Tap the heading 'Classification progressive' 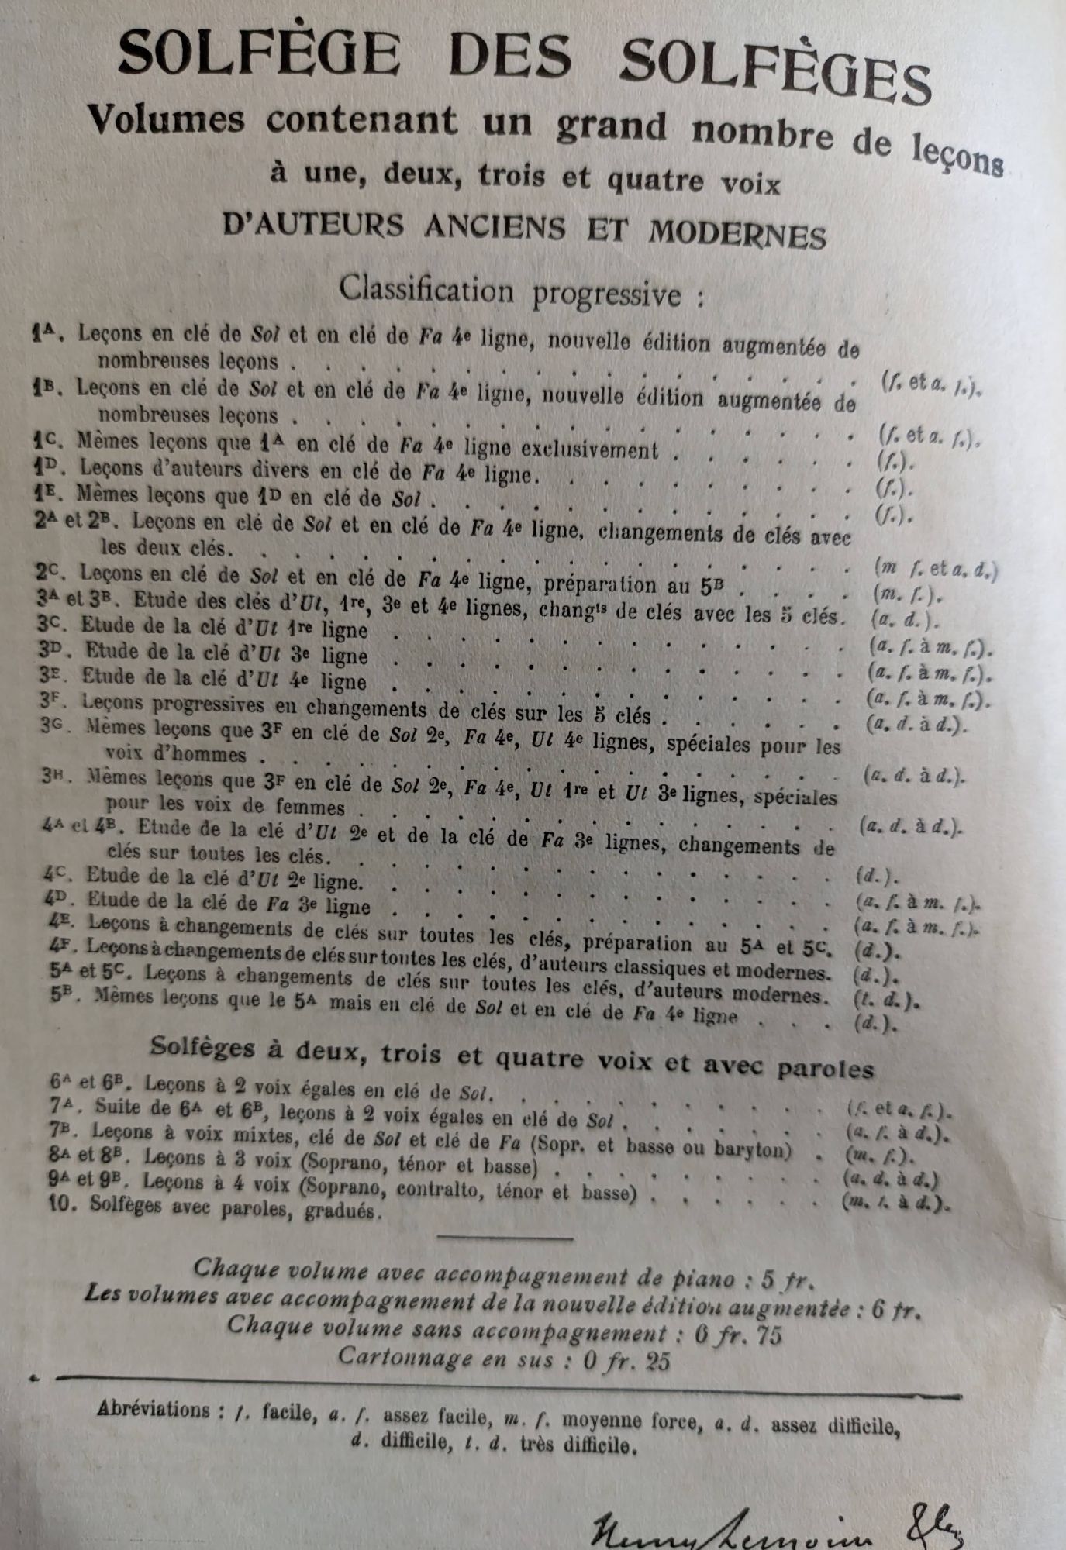[x=521, y=292]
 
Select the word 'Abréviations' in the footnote [x=154, y=1409]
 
